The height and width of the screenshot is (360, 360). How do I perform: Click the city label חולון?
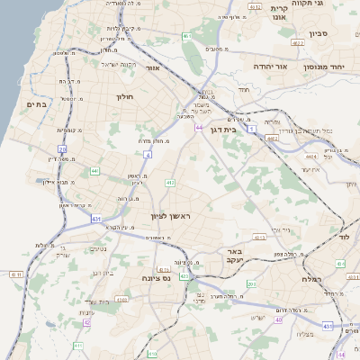[x=124, y=95]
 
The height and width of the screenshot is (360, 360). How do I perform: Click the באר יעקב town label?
[x=234, y=256]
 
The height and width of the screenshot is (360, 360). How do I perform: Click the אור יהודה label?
[x=268, y=67]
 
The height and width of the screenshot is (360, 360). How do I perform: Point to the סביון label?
[x=320, y=33]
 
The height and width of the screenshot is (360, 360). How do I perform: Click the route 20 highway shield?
[x=62, y=149]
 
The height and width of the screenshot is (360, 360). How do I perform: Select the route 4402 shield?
[x=310, y=156]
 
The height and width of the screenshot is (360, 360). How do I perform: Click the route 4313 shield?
[x=260, y=238]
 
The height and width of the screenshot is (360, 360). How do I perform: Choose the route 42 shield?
[x=86, y=322]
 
